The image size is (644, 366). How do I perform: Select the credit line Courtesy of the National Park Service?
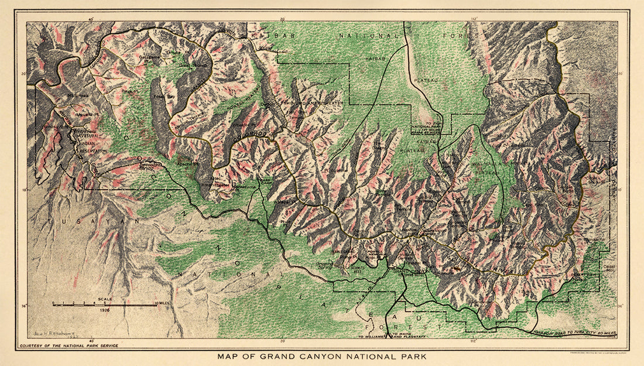68,346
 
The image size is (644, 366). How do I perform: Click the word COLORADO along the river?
249,136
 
